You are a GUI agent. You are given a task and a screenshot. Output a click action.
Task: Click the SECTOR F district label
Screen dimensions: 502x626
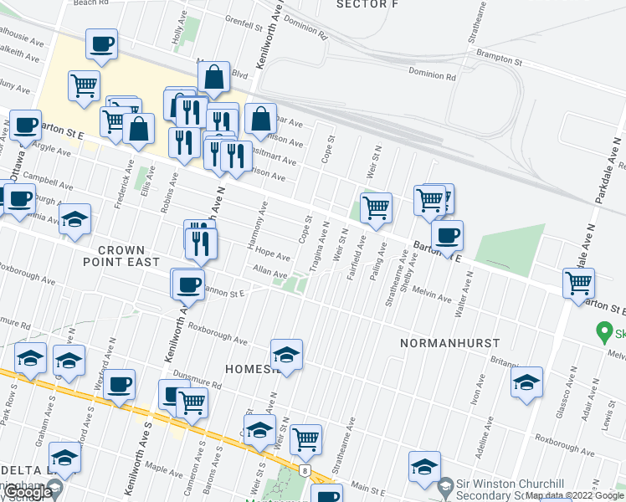click(x=366, y=4)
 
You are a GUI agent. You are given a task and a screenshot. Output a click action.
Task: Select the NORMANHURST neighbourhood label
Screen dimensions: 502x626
click(x=449, y=343)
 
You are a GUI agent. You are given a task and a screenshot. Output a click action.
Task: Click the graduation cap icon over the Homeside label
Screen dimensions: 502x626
click(x=286, y=355)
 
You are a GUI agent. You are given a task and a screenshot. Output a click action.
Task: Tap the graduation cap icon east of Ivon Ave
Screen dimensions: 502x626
click(x=526, y=382)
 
